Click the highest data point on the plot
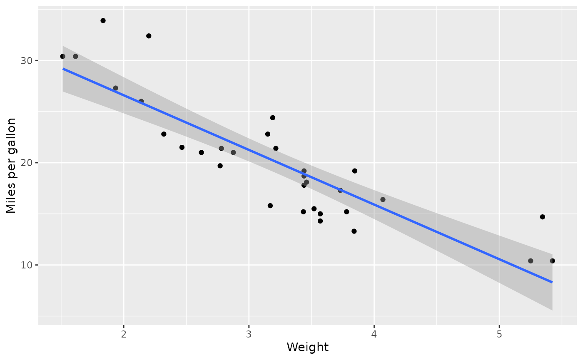point(103,20)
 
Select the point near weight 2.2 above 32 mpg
point(149,36)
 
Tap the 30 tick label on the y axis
point(27,60)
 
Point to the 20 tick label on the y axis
point(27,163)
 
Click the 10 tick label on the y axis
point(27,265)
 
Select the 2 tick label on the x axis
point(124,334)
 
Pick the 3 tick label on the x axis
point(249,334)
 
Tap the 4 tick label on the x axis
point(374,334)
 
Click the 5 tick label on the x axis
point(499,334)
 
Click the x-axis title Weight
point(308,347)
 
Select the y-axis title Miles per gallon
point(11,166)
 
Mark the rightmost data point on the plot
point(552,261)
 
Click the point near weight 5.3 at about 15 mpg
point(542,217)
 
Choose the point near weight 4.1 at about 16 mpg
point(383,199)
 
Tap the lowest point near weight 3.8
point(354,231)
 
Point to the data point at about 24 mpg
point(273,118)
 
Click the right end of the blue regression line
point(552,282)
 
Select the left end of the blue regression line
point(63,69)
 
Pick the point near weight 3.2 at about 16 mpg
point(270,206)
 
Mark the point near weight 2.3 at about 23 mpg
point(164,134)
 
